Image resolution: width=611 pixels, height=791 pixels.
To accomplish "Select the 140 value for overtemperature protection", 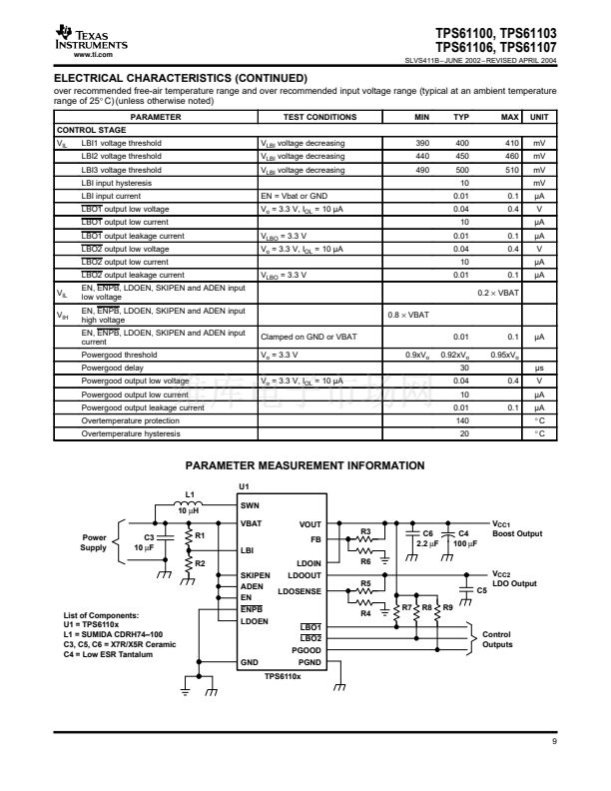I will [x=463, y=419].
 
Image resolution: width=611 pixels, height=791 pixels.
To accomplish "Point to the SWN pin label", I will [x=251, y=504].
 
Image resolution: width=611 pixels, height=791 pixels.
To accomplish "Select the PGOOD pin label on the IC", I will [x=306, y=649].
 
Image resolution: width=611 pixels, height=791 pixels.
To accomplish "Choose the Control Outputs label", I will [x=495, y=638].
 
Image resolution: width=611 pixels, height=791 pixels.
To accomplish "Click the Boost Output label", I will [x=517, y=533].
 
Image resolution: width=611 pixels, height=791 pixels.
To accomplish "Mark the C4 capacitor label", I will [x=462, y=533].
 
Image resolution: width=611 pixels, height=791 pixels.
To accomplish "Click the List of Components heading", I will [x=100, y=616].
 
